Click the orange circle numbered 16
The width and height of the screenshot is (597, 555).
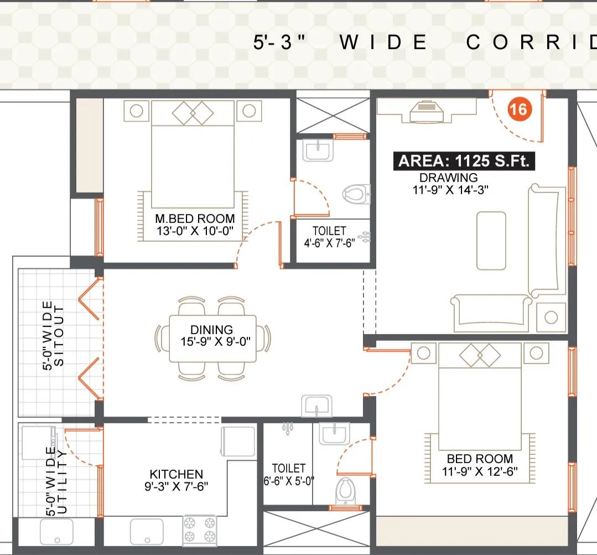tap(518, 109)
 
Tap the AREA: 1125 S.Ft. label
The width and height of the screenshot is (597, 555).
tap(464, 161)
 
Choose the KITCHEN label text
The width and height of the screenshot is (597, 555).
tap(176, 474)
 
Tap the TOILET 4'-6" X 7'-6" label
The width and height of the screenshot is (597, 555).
tap(330, 237)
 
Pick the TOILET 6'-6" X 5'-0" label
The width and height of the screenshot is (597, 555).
tap(288, 474)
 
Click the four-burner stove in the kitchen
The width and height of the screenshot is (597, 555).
tap(200, 530)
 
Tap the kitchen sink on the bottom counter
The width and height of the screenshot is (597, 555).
tap(147, 531)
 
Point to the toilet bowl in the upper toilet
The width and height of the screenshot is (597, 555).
tap(355, 193)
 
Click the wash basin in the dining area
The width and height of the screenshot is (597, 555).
tap(316, 406)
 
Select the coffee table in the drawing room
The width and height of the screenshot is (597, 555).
tap(491, 240)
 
